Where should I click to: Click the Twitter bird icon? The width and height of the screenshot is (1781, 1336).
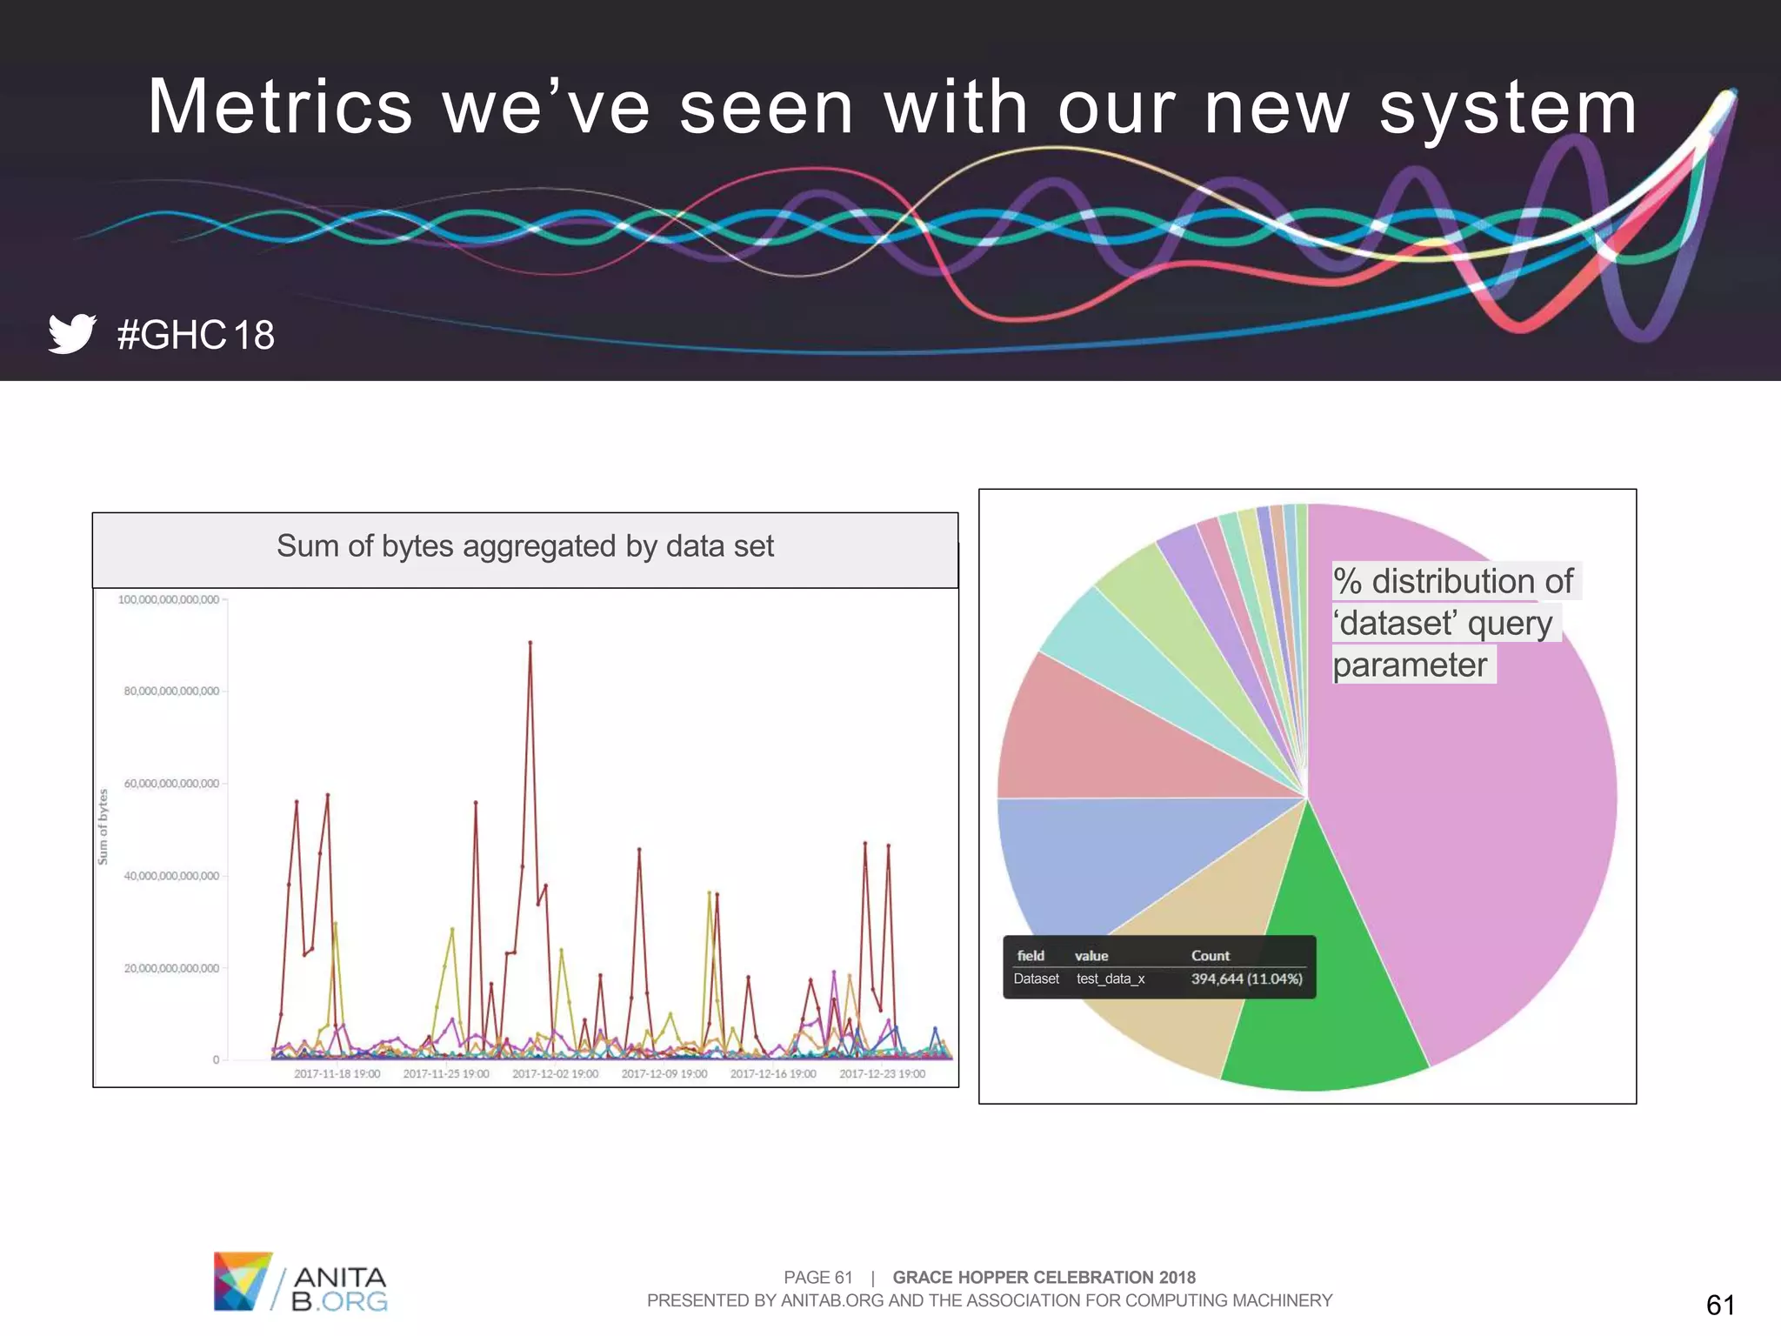(x=71, y=333)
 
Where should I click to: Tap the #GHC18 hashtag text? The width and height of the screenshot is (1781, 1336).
(x=196, y=335)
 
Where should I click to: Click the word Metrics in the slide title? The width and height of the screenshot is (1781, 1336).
(x=280, y=107)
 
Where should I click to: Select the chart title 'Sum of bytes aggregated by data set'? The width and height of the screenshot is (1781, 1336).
(x=524, y=546)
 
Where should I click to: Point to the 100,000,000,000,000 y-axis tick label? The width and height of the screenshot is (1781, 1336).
(x=169, y=599)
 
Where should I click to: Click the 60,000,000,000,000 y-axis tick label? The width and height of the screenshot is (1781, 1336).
(x=171, y=784)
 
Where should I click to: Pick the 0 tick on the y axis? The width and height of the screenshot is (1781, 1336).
(x=216, y=1059)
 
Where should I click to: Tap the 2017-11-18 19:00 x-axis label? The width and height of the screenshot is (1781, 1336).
(x=337, y=1074)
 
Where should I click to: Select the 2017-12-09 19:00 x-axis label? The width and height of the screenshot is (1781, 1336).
(x=664, y=1074)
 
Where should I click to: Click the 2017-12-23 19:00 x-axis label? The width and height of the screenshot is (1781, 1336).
(x=882, y=1074)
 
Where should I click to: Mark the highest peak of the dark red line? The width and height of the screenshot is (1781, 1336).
(x=530, y=643)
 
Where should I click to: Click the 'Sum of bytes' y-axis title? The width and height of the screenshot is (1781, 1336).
(x=103, y=826)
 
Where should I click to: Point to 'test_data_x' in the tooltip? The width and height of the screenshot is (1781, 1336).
(x=1110, y=979)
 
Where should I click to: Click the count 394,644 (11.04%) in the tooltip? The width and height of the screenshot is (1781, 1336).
(x=1246, y=979)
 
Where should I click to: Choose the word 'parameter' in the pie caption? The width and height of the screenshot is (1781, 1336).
(x=1410, y=665)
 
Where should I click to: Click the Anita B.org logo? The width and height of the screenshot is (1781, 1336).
(x=300, y=1281)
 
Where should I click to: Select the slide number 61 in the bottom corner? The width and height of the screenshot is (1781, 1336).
(x=1720, y=1305)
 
